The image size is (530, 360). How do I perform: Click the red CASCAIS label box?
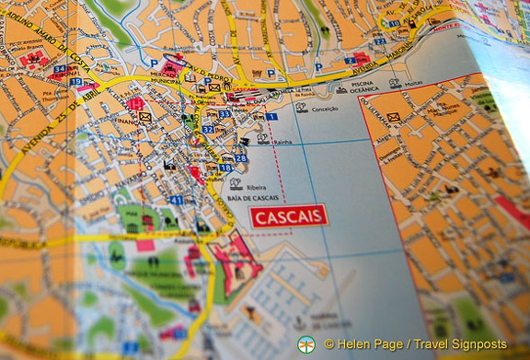pyautogui.click(x=288, y=216)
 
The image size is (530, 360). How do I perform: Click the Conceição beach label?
pyautogui.click(x=325, y=109)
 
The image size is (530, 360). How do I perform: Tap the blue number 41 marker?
pyautogui.click(x=176, y=200)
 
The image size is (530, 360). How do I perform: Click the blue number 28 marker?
pyautogui.click(x=241, y=158)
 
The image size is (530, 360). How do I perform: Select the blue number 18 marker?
pyautogui.click(x=225, y=168)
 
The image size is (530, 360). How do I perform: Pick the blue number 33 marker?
pyautogui.click(x=224, y=113)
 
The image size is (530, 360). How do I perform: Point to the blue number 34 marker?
pyautogui.click(x=60, y=69)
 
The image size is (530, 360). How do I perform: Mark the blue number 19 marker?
pyautogui.click(x=75, y=82)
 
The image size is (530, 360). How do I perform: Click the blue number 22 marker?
pyautogui.click(x=379, y=41)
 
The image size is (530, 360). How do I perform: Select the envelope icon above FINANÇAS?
pyautogui.click(x=144, y=118)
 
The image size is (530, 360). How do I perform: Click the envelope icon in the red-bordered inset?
pyautogui.click(x=393, y=117)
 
